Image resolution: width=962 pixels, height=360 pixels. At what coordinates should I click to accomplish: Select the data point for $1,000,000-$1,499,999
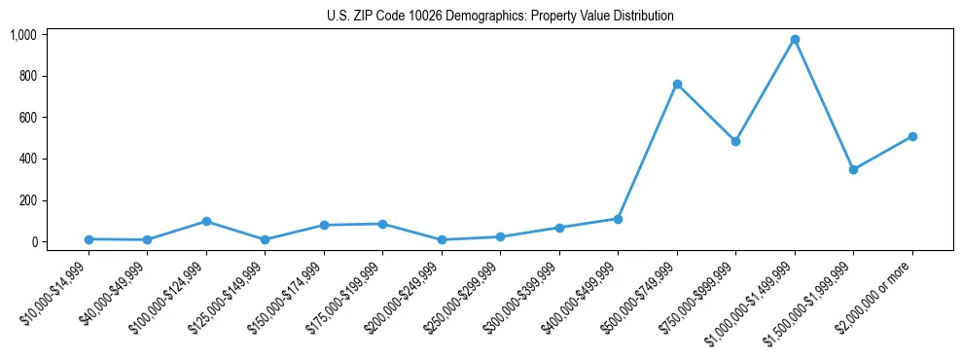coord(795,39)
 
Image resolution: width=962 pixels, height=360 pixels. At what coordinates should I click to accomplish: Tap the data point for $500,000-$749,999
coord(677,84)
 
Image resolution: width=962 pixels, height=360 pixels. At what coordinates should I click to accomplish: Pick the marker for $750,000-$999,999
coord(735,141)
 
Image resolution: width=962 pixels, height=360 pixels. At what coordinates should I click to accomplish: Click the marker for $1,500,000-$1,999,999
coord(853,169)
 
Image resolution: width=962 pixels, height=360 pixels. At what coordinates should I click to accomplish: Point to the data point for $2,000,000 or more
coord(912,136)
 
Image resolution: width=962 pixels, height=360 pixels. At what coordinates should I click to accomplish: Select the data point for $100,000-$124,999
coord(206,221)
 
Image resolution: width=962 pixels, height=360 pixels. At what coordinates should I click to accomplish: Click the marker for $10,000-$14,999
coord(89,238)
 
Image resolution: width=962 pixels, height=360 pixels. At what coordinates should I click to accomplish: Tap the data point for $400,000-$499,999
coord(618,219)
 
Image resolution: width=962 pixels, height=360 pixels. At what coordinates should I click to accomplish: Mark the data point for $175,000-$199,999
coord(382,224)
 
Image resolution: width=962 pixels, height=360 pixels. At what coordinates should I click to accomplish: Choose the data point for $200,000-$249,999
coord(442,239)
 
